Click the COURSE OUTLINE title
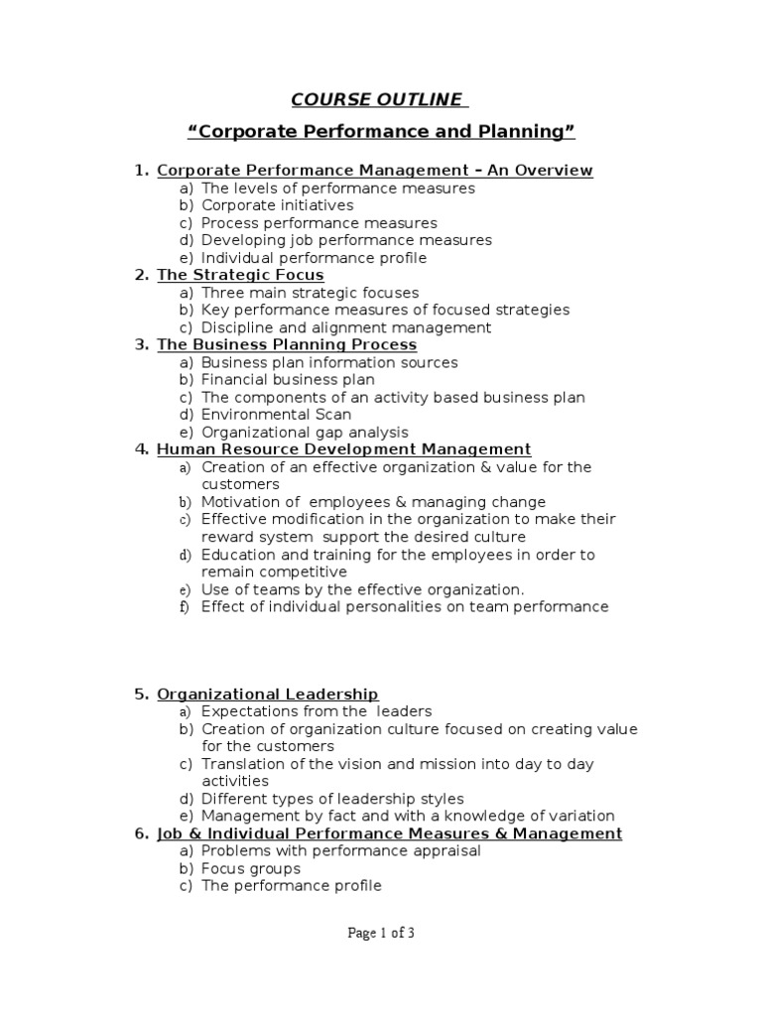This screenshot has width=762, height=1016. (376, 99)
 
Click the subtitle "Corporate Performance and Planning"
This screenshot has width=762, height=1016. (382, 132)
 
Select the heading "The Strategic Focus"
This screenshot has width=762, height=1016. (240, 275)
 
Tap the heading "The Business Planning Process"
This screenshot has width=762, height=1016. (287, 344)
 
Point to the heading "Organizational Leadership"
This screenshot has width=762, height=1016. (268, 695)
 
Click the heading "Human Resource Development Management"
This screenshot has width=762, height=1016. (344, 449)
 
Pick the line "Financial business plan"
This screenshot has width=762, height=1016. (288, 380)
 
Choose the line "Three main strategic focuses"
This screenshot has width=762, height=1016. (310, 293)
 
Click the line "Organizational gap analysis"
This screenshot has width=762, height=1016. (305, 433)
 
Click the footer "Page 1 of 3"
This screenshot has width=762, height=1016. (381, 933)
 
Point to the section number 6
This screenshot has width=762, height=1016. (140, 833)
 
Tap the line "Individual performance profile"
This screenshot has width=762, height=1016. (314, 258)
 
